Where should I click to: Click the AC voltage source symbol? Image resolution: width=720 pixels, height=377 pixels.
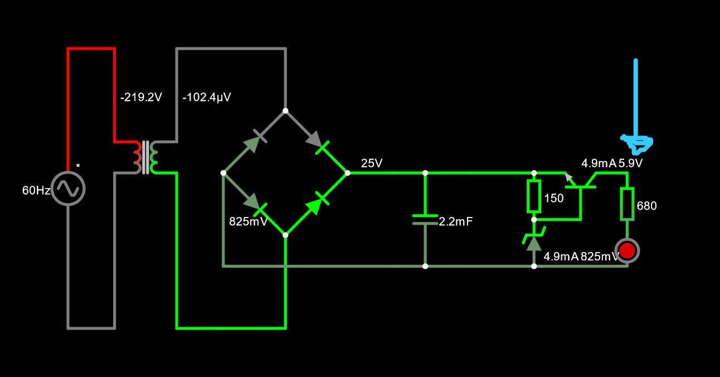pyautogui.click(x=68, y=188)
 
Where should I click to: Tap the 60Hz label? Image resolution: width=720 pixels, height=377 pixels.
pyautogui.click(x=36, y=190)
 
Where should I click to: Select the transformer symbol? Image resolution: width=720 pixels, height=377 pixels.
pyautogui.click(x=145, y=157)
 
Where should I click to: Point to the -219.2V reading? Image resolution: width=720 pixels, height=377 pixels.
pyautogui.click(x=141, y=97)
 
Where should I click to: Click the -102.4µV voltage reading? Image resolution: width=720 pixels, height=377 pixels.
pyautogui.click(x=207, y=97)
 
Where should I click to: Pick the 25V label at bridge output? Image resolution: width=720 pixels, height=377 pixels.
pyautogui.click(x=372, y=163)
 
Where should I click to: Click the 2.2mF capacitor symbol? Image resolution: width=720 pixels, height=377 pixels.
pyautogui.click(x=425, y=219)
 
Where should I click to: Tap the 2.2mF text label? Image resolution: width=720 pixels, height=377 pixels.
pyautogui.click(x=455, y=221)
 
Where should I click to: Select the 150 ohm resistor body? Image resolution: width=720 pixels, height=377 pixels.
pyautogui.click(x=534, y=196)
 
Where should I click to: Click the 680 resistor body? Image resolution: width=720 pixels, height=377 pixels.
pyautogui.click(x=627, y=204)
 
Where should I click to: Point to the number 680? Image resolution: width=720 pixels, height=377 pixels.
pyautogui.click(x=646, y=206)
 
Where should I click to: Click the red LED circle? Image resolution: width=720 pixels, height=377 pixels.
pyautogui.click(x=627, y=251)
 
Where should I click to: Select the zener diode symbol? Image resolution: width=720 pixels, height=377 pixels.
pyautogui.click(x=534, y=239)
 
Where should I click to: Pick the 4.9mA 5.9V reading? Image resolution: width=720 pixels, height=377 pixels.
pyautogui.click(x=612, y=163)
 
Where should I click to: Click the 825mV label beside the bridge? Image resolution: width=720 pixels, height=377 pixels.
pyautogui.click(x=249, y=221)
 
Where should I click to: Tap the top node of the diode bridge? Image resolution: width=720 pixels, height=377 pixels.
pyautogui.click(x=285, y=111)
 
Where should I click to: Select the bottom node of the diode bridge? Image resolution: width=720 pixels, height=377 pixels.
pyautogui.click(x=285, y=235)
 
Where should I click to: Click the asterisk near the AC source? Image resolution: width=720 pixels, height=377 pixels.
pyautogui.click(x=78, y=166)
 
